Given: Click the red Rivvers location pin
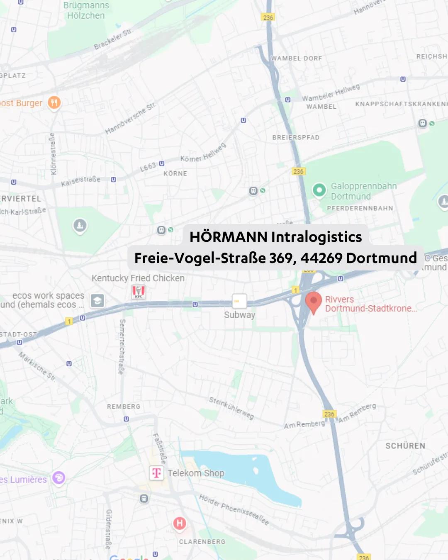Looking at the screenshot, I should pyautogui.click(x=314, y=302).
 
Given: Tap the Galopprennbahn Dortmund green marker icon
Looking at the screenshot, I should pyautogui.click(x=319, y=190).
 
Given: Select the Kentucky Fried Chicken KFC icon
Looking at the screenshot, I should pyautogui.click(x=139, y=292).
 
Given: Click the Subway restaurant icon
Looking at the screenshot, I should pyautogui.click(x=239, y=301).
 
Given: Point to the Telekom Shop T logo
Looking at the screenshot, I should pyautogui.click(x=156, y=473).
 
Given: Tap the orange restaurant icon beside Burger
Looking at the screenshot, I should pyautogui.click(x=54, y=102).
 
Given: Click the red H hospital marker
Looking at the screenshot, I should pyautogui.click(x=180, y=523).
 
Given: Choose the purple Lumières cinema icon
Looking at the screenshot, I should pyautogui.click(x=58, y=478).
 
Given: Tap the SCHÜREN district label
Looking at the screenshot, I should pyautogui.click(x=405, y=446).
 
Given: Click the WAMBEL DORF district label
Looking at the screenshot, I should pyautogui.click(x=297, y=58).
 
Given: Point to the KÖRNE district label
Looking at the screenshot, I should pyautogui.click(x=175, y=173).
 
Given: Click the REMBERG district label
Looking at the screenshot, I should pyautogui.click(x=124, y=407).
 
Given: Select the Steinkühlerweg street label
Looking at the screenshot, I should pyautogui.click(x=231, y=408).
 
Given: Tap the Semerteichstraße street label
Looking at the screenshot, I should pyautogui.click(x=122, y=346).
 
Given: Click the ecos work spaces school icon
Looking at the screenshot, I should pyautogui.click(x=97, y=301).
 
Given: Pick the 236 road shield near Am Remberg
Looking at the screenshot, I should pyautogui.click(x=329, y=414).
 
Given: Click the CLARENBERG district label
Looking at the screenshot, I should pyautogui.click(x=202, y=542).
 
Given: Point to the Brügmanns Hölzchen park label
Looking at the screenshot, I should pyautogui.click(x=86, y=11).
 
